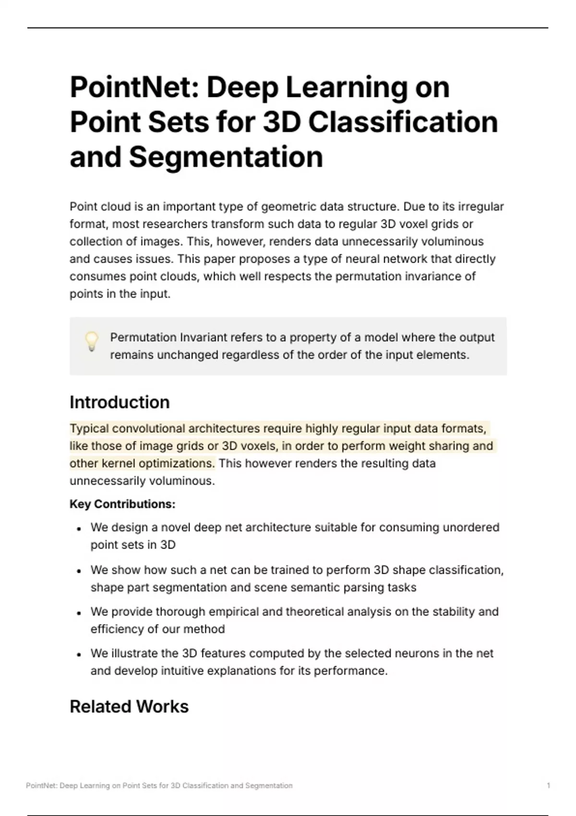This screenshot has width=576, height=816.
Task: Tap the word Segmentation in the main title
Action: (226, 157)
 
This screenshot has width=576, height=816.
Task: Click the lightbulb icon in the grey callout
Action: (92, 341)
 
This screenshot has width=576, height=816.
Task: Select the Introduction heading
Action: (120, 402)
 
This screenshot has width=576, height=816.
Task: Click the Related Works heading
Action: (129, 707)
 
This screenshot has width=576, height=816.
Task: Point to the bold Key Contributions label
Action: (122, 504)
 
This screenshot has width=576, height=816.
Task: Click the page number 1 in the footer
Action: (548, 786)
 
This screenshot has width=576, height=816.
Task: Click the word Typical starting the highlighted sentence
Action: (89, 428)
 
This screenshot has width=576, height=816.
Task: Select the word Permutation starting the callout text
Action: (143, 337)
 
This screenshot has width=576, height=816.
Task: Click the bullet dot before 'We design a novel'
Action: (79, 528)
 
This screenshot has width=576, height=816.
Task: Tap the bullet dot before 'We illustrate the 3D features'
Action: (79, 654)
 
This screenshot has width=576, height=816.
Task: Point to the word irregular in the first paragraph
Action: (480, 207)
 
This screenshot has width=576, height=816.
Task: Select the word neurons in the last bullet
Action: (423, 653)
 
